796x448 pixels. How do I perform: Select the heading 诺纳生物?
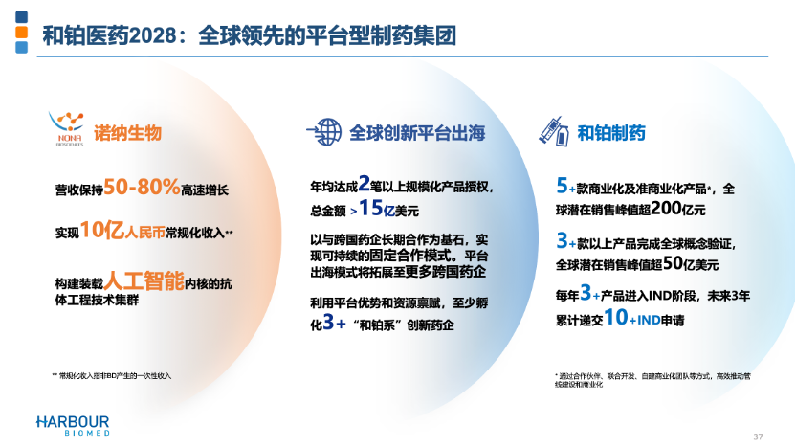point(127,132)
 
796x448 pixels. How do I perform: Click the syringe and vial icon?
point(554,130)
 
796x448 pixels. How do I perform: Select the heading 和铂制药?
point(611,132)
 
